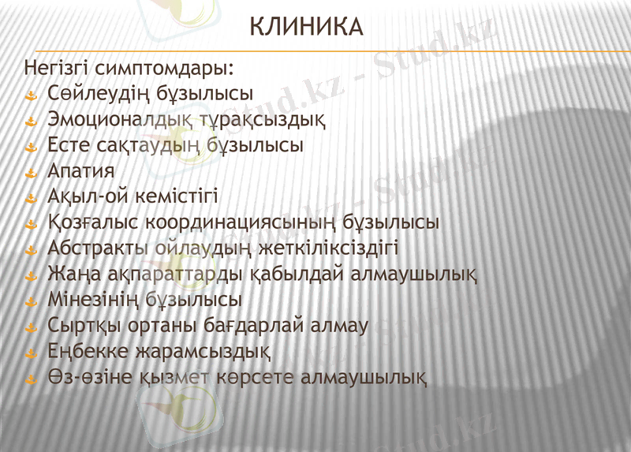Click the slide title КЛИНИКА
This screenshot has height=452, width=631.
[306, 28]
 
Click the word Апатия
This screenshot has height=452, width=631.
[81, 171]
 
